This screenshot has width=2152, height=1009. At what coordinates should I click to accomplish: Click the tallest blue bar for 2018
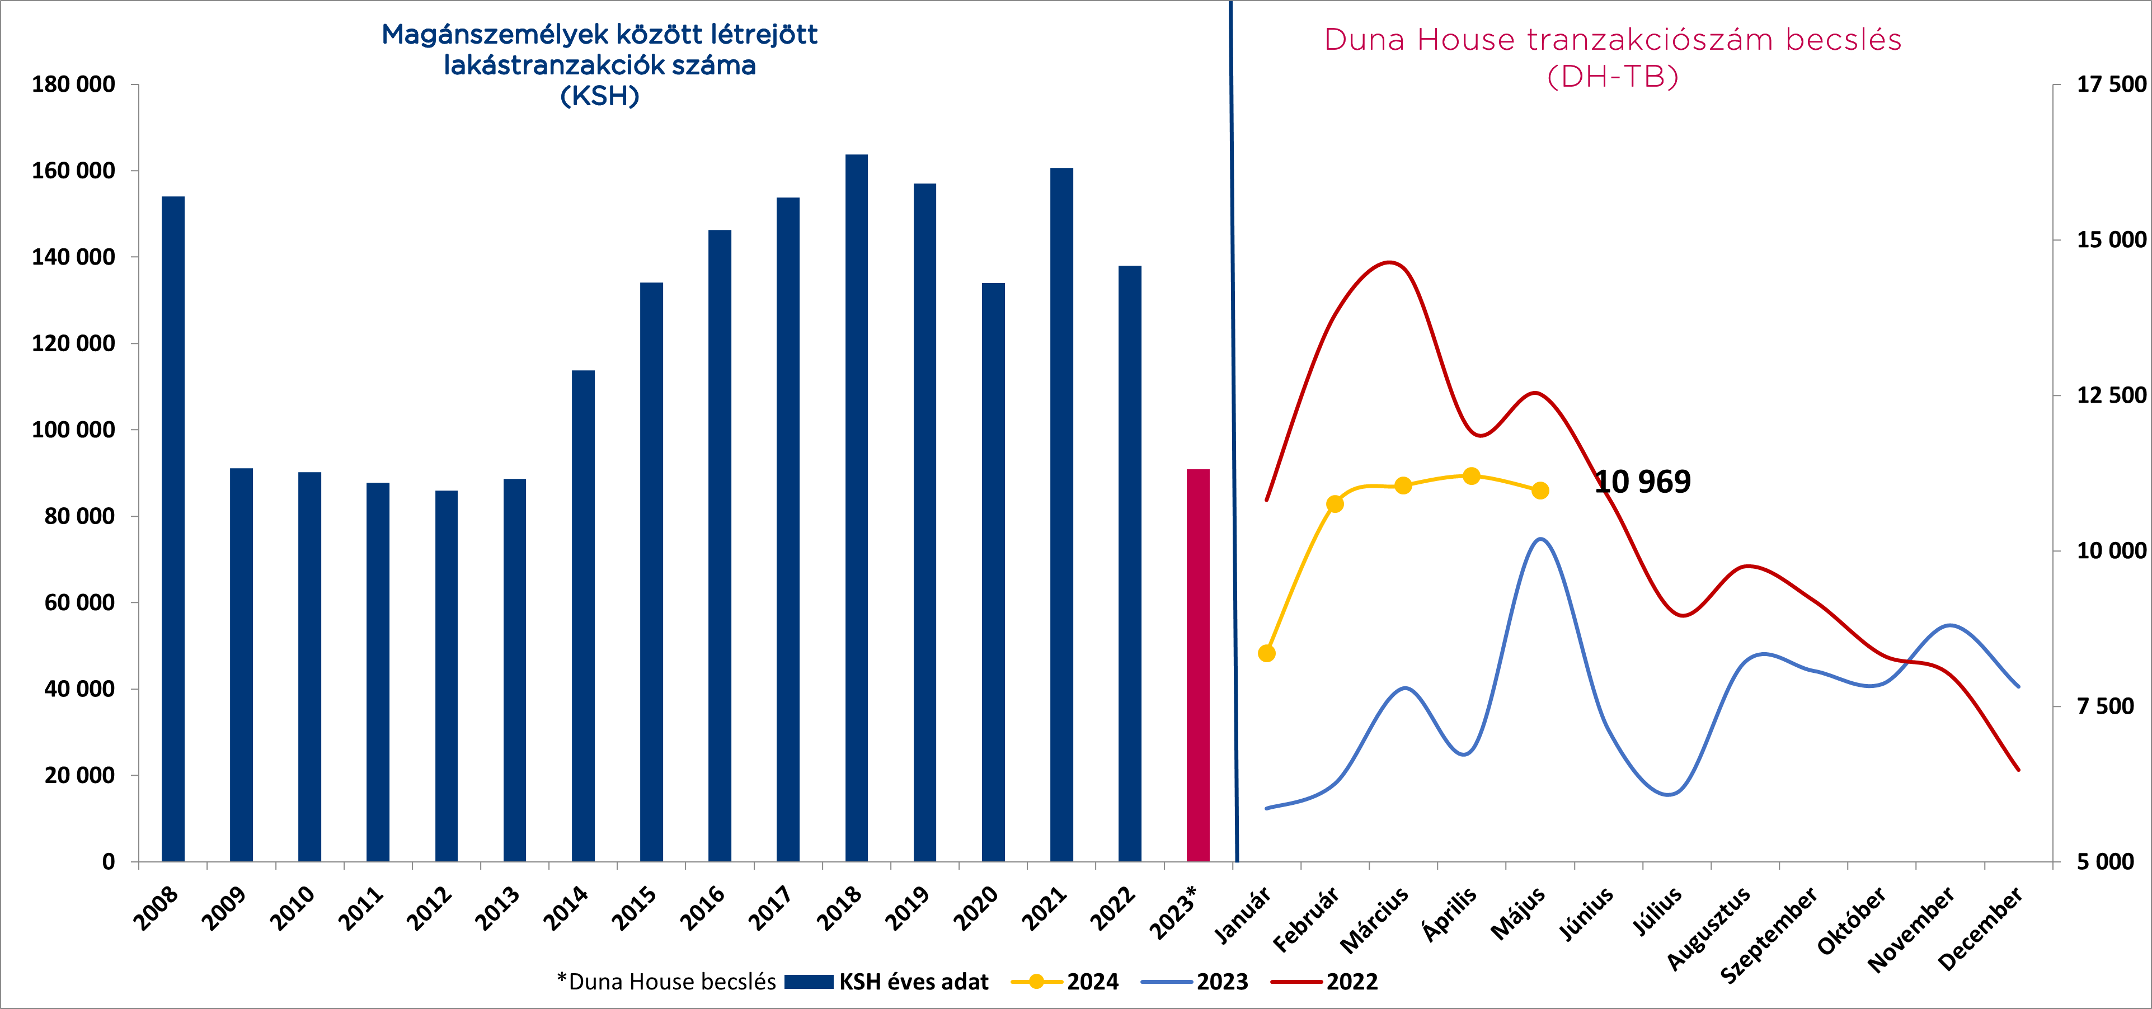pos(856,508)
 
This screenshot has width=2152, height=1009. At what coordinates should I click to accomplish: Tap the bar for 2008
pos(173,529)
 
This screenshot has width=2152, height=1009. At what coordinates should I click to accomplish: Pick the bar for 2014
pos(583,616)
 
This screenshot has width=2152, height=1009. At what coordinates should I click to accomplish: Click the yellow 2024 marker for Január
pos(1266,653)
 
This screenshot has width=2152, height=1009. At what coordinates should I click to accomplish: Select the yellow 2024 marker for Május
pos(1540,491)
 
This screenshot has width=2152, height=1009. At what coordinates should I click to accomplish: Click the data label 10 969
pos(1642,482)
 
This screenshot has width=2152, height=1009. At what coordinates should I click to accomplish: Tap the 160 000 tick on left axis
pos(73,171)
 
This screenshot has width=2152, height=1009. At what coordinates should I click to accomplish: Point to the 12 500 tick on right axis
pos(2110,395)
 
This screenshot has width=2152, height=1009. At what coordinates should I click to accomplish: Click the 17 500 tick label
pos(2110,84)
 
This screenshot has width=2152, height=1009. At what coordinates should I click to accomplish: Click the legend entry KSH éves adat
pos(913,982)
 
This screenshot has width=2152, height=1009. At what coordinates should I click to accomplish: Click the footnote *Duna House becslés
pos(666,982)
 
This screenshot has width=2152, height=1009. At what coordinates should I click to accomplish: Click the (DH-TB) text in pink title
pos(1613,77)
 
